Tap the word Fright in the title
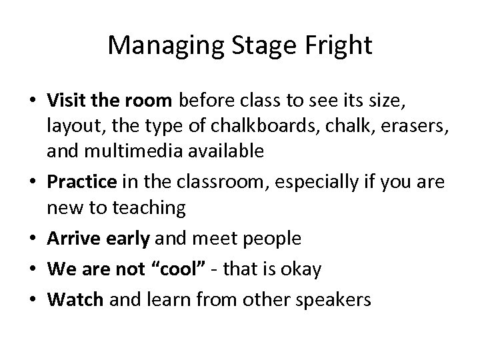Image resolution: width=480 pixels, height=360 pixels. [339, 45]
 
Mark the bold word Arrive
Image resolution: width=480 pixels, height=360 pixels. [69, 238]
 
